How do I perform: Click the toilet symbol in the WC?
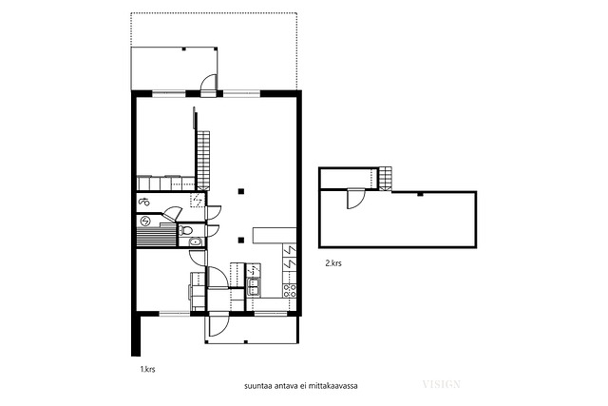click(x=186, y=230)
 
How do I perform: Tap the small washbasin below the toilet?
click(x=195, y=242)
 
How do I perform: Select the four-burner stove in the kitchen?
click(x=290, y=291)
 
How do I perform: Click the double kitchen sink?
click(x=254, y=287)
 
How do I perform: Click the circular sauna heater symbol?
click(x=145, y=221)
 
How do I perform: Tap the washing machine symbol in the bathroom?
click(x=144, y=202)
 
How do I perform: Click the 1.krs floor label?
click(x=148, y=369)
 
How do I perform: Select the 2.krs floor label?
click(x=333, y=263)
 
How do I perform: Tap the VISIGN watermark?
click(x=441, y=385)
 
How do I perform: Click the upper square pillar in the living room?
click(x=241, y=190)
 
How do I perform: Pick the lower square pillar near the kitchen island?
click(x=241, y=240)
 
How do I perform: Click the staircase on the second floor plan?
click(x=386, y=179)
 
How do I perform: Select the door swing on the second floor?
click(x=355, y=199)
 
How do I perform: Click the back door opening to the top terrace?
click(x=208, y=84)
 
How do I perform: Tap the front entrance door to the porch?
click(x=218, y=325)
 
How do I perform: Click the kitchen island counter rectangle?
click(x=275, y=235)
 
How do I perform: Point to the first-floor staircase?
click(x=203, y=160)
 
